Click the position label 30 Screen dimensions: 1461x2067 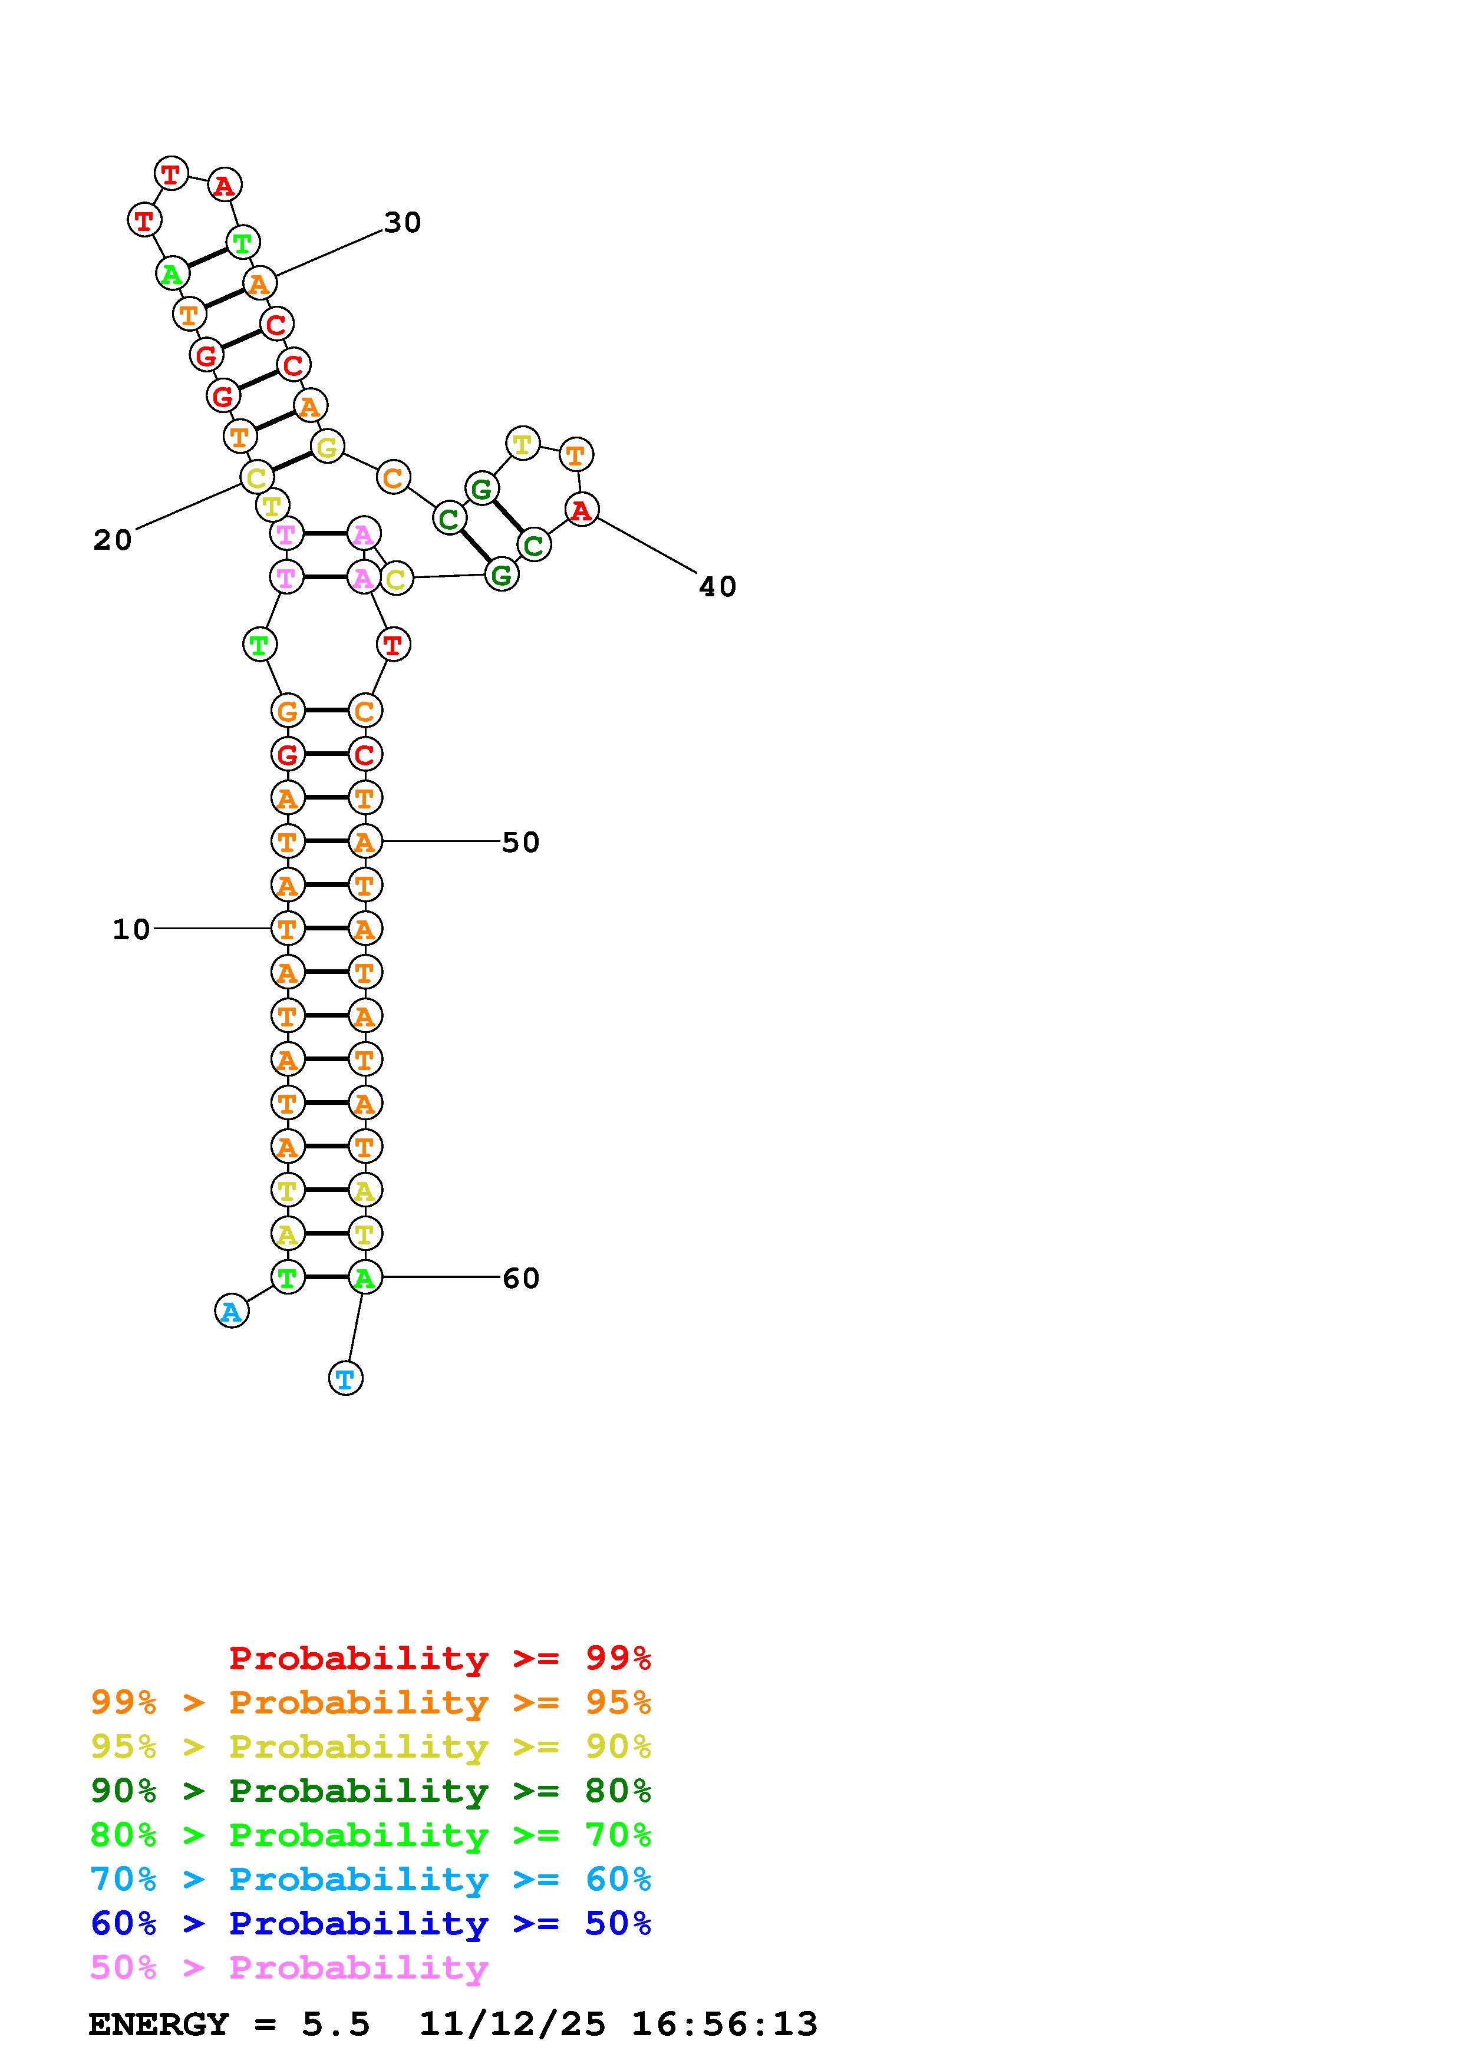(403, 222)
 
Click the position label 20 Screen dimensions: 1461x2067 (113, 540)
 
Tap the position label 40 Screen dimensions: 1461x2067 (717, 587)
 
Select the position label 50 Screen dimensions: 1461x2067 (520, 843)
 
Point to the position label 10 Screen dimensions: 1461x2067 (131, 929)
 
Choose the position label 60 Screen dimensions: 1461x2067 (520, 1279)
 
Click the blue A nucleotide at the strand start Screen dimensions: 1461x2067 (232, 1311)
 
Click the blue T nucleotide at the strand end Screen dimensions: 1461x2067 (346, 1378)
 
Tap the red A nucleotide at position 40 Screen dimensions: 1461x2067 (582, 510)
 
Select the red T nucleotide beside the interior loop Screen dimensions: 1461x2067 (393, 645)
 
